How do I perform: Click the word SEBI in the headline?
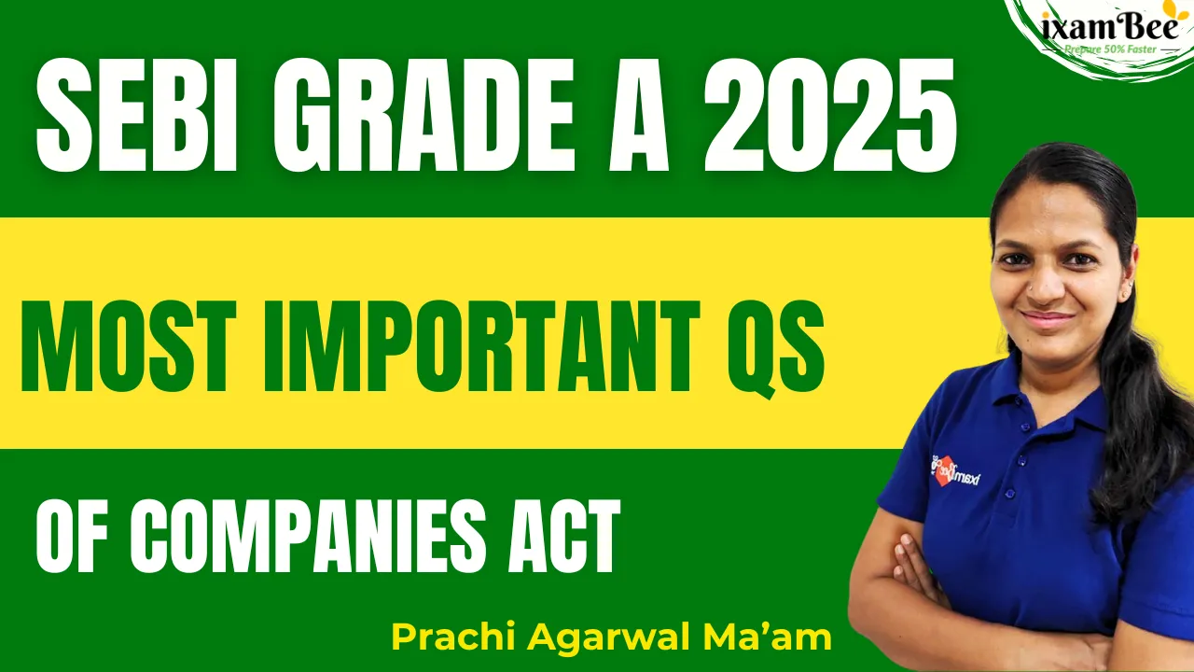[x=136, y=115]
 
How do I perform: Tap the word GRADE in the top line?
[x=424, y=115]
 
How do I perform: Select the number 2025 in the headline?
[x=830, y=115]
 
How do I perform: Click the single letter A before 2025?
[x=639, y=115]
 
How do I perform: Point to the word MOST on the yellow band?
[x=128, y=346]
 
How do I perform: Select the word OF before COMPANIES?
[x=72, y=536]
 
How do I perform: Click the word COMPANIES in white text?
[x=308, y=536]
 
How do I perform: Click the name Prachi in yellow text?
[x=453, y=637]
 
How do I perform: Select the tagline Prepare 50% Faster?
[x=1111, y=49]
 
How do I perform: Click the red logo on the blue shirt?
[x=943, y=470]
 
